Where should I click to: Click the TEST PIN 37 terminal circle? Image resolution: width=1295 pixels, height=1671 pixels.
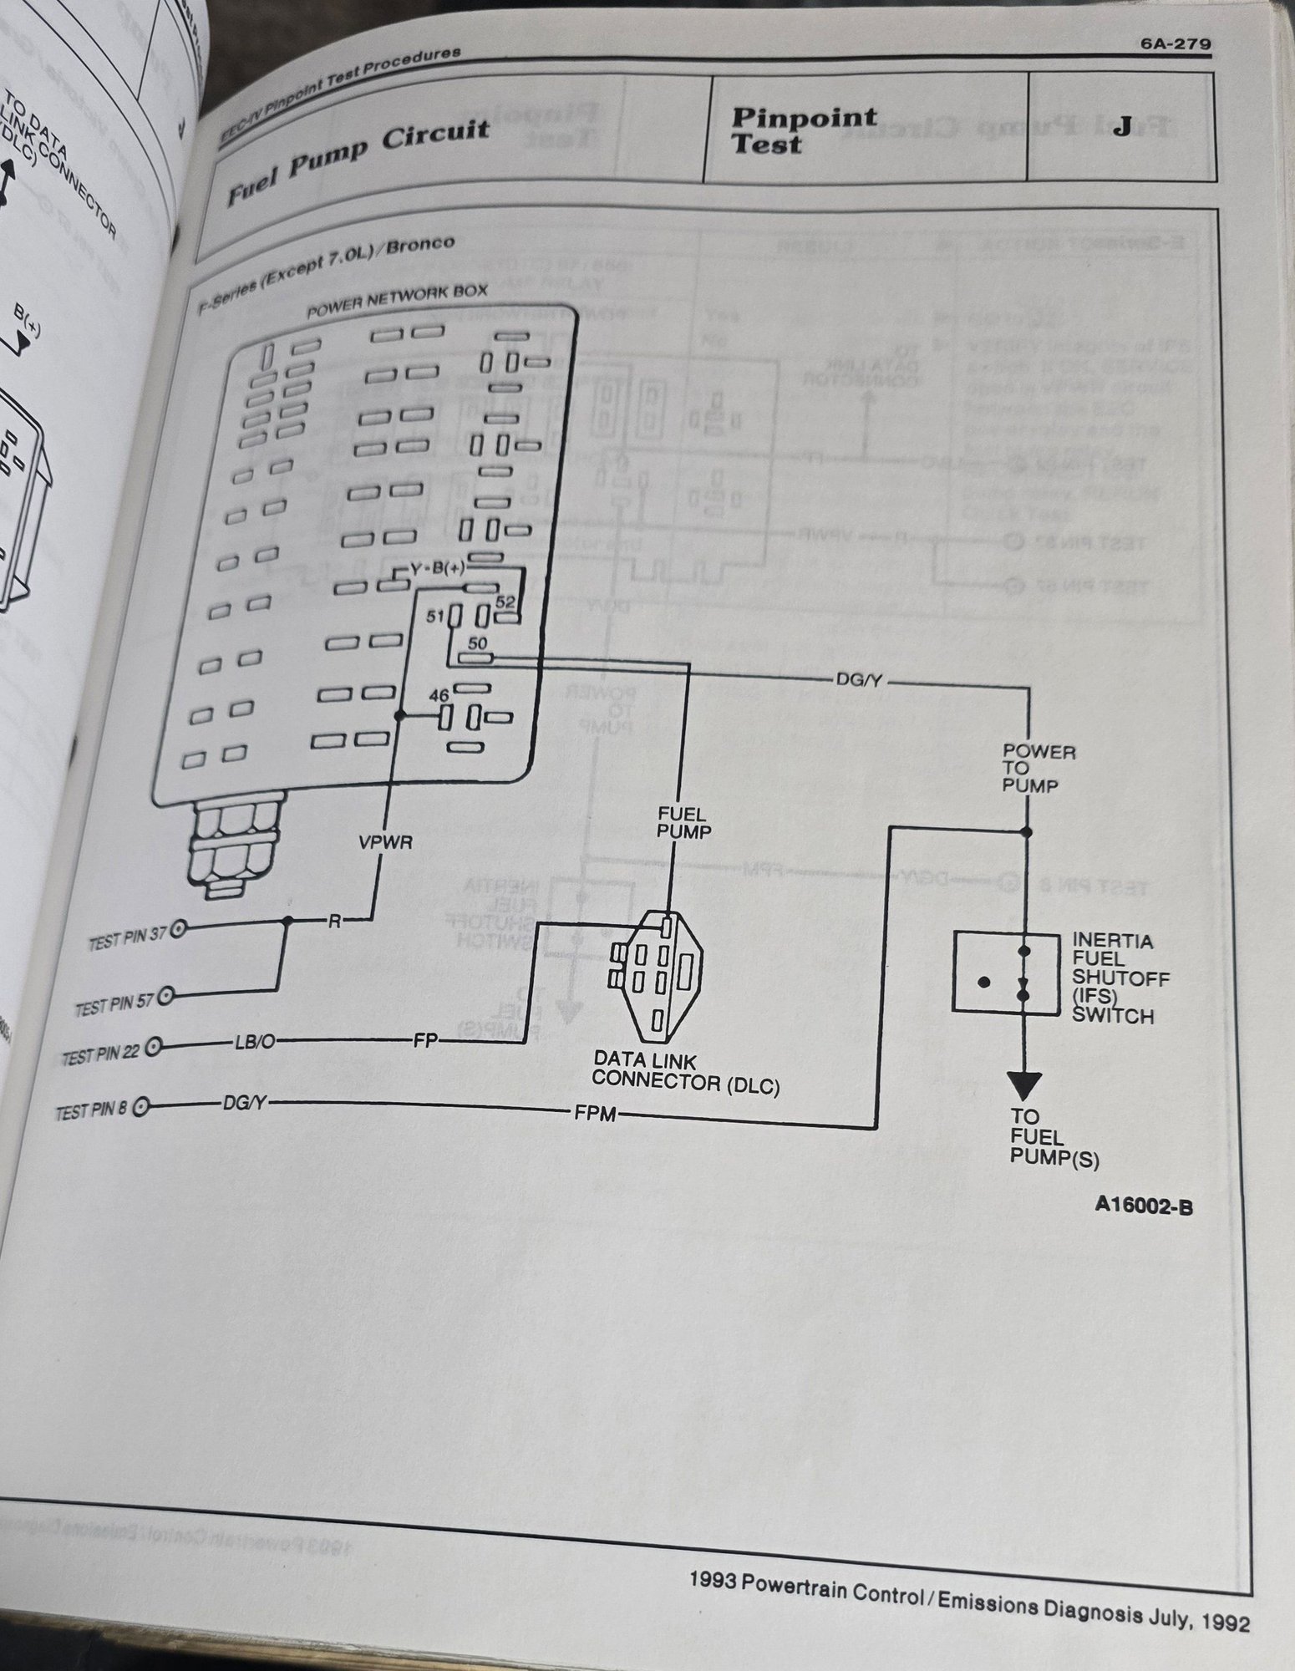[x=178, y=929]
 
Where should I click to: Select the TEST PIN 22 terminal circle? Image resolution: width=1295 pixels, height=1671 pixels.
[x=154, y=1046]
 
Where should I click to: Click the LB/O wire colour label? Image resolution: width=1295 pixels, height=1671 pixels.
[x=254, y=1042]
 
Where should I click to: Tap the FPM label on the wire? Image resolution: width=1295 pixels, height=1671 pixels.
[x=594, y=1113]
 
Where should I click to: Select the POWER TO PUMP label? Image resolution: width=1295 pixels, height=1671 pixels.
[x=1039, y=768]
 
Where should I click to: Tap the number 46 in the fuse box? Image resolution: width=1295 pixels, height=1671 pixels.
[x=439, y=694]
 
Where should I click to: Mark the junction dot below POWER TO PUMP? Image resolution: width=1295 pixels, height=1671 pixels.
[x=1026, y=832]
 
